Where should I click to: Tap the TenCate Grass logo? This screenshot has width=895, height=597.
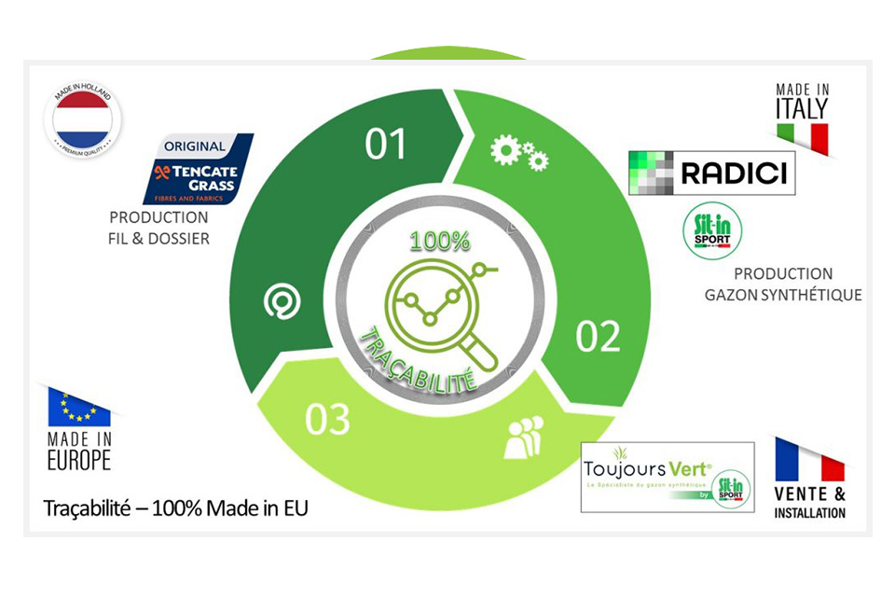[198, 168]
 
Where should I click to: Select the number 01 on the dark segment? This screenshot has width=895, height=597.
[386, 144]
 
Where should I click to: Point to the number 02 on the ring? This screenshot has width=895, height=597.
[599, 337]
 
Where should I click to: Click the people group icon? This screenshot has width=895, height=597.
[523, 438]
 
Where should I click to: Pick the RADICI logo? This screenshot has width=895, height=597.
[712, 173]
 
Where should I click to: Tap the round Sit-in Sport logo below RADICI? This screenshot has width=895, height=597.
[713, 233]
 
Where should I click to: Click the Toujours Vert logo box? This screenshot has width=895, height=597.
[667, 478]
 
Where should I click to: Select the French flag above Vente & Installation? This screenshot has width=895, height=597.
[809, 461]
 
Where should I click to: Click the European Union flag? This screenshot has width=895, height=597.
[78, 408]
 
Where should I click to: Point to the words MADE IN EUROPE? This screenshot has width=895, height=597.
[78, 451]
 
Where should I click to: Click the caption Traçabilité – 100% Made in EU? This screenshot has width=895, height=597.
[175, 508]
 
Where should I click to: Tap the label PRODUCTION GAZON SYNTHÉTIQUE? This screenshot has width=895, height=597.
[783, 285]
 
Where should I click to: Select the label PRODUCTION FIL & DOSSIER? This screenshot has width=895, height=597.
[158, 229]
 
